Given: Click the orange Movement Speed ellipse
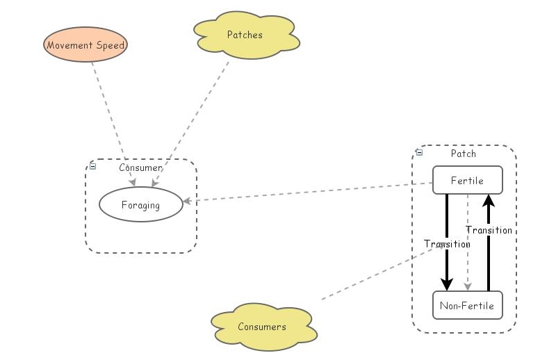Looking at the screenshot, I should coord(86,46).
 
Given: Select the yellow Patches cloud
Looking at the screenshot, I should coord(245,34).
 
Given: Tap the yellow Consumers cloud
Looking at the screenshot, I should coord(261,327).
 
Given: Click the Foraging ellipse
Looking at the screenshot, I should coord(140,205).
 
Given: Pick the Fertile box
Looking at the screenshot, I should coord(467,181).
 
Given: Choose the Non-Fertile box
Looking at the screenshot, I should coord(467,305).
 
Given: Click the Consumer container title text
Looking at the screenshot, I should coord(140,167).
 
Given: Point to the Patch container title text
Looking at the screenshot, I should coord(464,153).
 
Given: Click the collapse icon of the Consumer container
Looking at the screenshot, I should coord(93,165).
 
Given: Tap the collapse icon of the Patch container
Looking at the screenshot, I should coord(419,152).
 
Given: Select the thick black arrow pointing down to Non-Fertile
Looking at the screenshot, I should coord(447,222).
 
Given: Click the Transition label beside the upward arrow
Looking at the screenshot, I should coord(489,230).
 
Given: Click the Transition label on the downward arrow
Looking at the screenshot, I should coord(447,244).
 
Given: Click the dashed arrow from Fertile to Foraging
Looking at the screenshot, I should coord(306,193).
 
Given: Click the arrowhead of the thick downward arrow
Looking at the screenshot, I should coord(447,284).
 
